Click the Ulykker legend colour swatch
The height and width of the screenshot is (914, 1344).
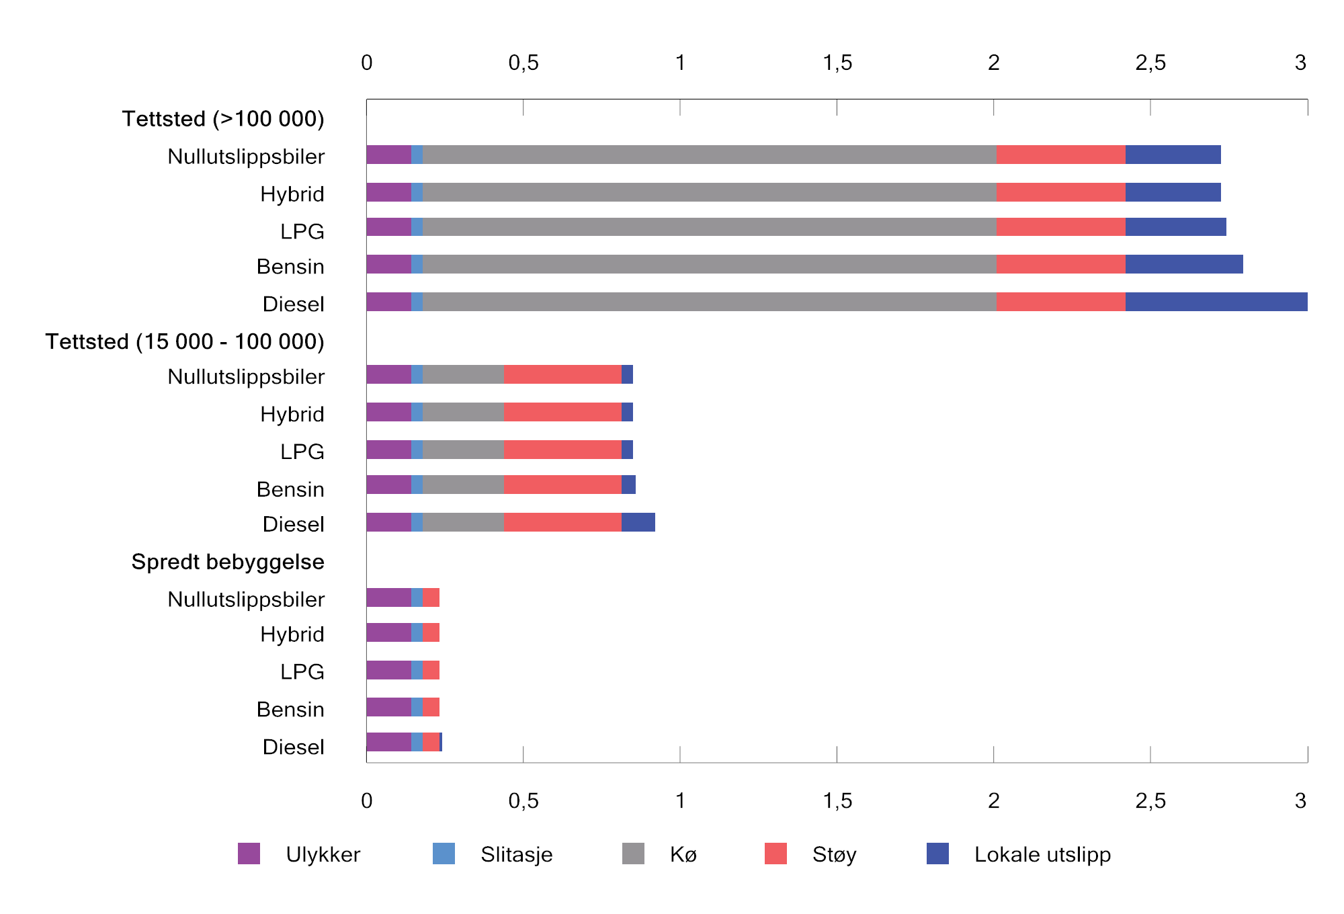[249, 854]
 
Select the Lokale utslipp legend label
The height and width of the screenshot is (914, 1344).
[1042, 854]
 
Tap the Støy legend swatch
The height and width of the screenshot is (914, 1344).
[775, 854]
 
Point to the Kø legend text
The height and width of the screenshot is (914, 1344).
[683, 854]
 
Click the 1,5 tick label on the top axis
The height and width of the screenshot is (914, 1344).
[837, 63]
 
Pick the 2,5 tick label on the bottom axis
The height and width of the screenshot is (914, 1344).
[1150, 800]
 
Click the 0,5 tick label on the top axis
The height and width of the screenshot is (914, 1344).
[523, 63]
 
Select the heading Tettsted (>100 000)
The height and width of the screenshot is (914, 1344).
[223, 119]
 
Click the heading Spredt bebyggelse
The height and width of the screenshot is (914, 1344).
[228, 562]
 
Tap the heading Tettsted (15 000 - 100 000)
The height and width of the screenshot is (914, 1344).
[185, 341]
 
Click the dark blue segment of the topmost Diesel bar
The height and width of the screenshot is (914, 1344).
[1216, 302]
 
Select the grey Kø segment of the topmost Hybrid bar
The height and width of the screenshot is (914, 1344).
[709, 192]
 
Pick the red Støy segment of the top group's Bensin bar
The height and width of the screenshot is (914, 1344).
[1060, 264]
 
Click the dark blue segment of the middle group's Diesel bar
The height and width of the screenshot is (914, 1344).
[638, 522]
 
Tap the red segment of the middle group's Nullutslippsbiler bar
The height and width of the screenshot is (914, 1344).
[562, 374]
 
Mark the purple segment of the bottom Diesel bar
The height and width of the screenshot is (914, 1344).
[388, 742]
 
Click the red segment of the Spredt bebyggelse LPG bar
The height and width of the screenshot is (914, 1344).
[431, 670]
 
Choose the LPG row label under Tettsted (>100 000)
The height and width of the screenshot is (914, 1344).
[302, 231]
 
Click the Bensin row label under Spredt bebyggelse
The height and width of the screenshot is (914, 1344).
[290, 709]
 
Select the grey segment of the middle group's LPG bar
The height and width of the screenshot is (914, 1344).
[463, 450]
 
